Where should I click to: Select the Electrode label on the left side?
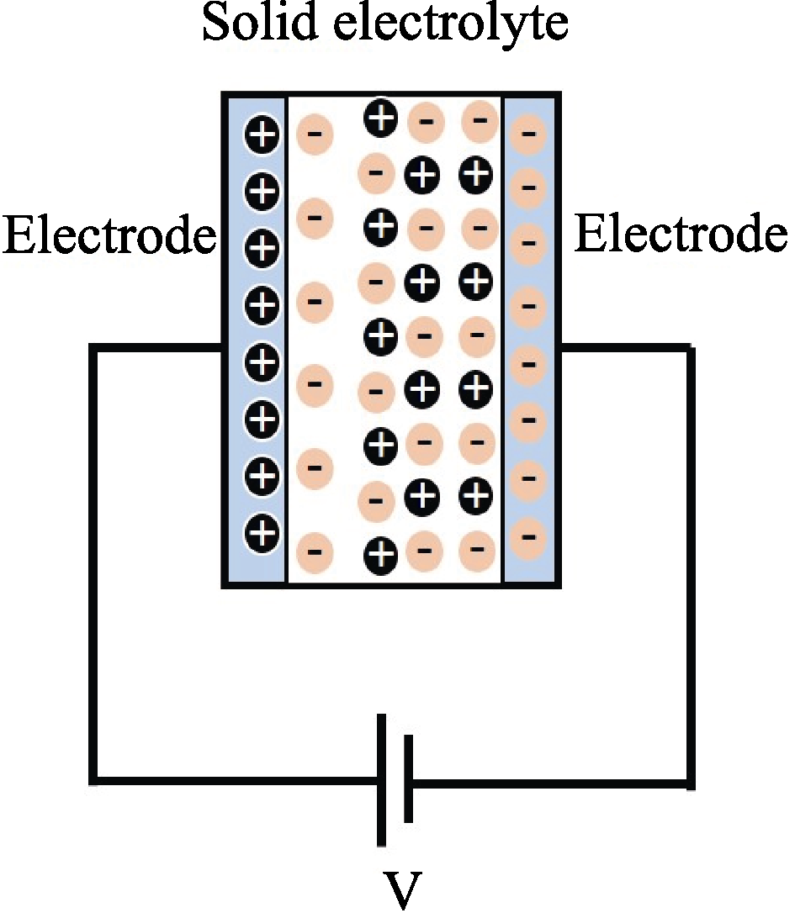[109, 235]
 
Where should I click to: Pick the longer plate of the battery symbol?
[381, 780]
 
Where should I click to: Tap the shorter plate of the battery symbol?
[408, 778]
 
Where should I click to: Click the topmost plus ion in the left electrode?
[262, 135]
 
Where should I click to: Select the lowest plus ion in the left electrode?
[262, 532]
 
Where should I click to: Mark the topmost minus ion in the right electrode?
[528, 134]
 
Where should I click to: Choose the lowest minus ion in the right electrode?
[528, 537]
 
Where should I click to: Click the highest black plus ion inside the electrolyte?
[381, 118]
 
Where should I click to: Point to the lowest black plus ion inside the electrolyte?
[381, 554]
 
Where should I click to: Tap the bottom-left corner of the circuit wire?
[93, 780]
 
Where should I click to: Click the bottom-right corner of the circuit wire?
[691, 783]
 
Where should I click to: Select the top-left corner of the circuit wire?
[93, 348]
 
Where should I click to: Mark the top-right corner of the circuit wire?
[691, 349]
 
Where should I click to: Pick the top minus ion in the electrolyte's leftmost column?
[315, 134]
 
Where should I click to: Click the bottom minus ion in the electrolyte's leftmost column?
[315, 552]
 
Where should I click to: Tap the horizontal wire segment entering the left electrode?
[157, 348]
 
